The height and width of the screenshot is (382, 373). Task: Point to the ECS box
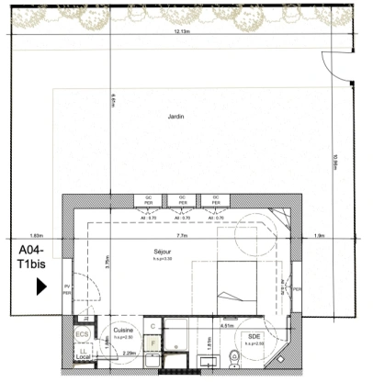82,335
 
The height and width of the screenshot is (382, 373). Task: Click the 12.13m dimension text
182,31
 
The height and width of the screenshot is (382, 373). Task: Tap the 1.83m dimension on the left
37,235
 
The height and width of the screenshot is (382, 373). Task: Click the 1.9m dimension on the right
320,235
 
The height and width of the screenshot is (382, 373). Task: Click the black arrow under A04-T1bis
40,286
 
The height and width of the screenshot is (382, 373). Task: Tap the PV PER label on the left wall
67,291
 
